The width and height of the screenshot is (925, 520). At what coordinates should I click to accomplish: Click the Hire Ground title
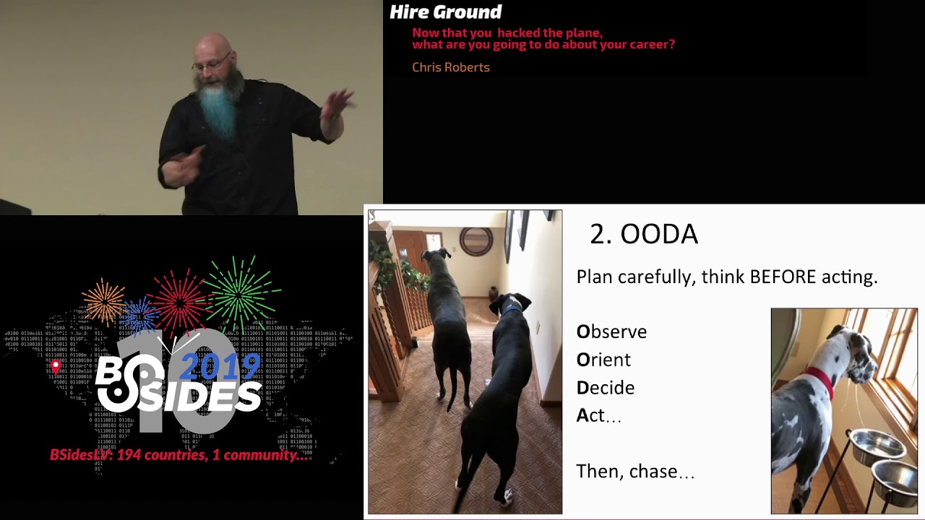coord(445,12)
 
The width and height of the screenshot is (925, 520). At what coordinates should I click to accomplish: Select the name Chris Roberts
coord(450,67)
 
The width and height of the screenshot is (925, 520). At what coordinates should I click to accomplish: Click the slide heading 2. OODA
coord(643,234)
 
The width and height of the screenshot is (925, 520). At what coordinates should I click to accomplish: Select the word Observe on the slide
coord(611,331)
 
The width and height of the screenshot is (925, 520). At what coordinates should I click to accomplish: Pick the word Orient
coord(603,360)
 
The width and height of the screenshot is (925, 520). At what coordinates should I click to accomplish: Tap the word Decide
coord(606,388)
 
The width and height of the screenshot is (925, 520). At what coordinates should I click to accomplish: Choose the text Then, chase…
coord(635,472)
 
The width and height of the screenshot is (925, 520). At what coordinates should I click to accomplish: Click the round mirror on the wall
coord(476,241)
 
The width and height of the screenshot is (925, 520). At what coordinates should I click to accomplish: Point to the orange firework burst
coord(105,300)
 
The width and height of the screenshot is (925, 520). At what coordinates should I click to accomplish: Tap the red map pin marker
coord(56,367)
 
